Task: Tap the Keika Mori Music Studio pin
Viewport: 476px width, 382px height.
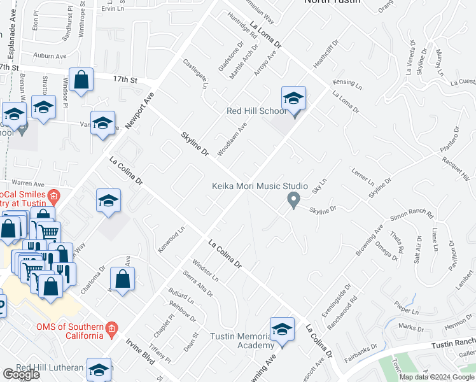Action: tap(293, 200)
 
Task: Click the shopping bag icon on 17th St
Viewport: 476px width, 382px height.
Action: tap(81, 81)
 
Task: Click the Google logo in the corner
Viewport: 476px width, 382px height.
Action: tap(21, 374)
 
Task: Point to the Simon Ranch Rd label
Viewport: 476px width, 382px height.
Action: tap(412, 215)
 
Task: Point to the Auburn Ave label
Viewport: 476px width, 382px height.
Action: tap(52, 56)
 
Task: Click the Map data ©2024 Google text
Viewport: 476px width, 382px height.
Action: tap(437, 377)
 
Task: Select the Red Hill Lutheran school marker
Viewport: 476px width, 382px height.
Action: tap(99, 370)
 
